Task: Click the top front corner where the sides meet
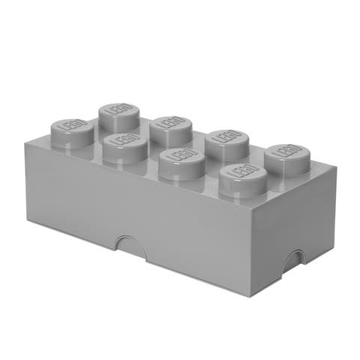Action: (254, 209)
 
